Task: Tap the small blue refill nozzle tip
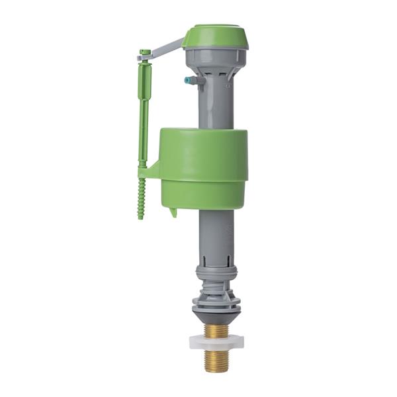pos(187,80)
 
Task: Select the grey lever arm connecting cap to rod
pos(164,50)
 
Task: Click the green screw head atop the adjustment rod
pos(144,52)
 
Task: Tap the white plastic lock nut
pos(216,341)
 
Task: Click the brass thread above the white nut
pos(216,330)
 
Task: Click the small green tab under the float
pos(173,212)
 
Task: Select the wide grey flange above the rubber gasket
pos(216,301)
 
